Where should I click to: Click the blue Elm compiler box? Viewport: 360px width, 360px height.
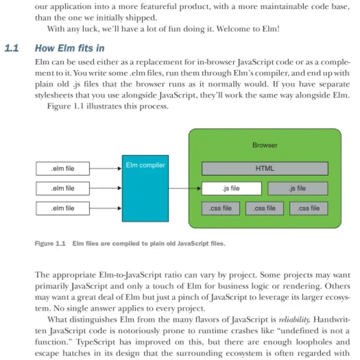coord(145,189)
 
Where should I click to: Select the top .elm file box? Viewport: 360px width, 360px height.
coord(63,168)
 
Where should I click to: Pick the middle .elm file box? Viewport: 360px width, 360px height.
coord(63,189)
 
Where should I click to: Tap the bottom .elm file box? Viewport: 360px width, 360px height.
coord(63,208)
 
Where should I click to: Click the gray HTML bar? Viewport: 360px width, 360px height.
coord(265,168)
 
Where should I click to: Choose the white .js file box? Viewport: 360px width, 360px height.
coord(232,189)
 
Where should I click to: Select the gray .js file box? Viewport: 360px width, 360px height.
coord(298,189)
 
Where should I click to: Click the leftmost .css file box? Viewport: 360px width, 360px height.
coord(220,208)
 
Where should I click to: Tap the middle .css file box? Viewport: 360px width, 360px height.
coord(265,208)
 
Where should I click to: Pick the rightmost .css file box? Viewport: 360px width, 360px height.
coord(309,208)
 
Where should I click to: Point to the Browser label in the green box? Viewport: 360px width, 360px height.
coord(265,145)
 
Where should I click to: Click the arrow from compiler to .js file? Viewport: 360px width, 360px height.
coord(185,189)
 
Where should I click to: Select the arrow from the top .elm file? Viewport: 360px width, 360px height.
coord(106,168)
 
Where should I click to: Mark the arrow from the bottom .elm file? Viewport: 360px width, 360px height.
coord(106,208)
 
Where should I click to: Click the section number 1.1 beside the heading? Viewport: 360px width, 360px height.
coord(12,48)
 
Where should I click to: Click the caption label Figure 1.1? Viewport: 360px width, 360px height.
coord(50,243)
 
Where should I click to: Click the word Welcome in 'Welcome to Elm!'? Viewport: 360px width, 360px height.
coord(233,29)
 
